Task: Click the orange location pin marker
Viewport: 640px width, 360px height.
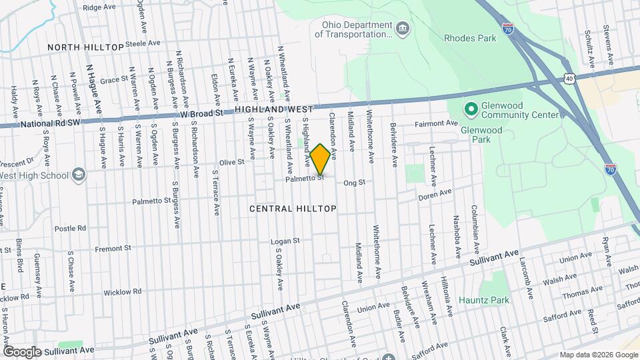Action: pos(320,159)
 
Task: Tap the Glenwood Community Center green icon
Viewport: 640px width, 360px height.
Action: pos(471,107)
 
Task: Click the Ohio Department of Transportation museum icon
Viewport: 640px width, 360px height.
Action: pos(403,28)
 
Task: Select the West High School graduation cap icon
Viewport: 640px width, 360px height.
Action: pos(79,175)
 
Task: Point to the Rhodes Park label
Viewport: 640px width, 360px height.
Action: pos(470,38)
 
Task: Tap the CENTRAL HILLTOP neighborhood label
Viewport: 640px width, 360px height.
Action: pos(293,209)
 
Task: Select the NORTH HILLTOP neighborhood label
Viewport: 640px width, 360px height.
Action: pos(85,47)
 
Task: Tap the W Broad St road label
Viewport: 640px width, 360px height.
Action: pos(202,114)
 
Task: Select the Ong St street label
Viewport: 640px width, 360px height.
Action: pos(355,183)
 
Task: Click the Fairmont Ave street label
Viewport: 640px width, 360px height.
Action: pos(437,123)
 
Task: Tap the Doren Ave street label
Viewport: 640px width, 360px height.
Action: pos(435,195)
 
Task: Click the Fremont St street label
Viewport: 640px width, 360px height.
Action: pos(111,249)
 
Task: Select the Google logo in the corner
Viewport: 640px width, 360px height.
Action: pos(22,351)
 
